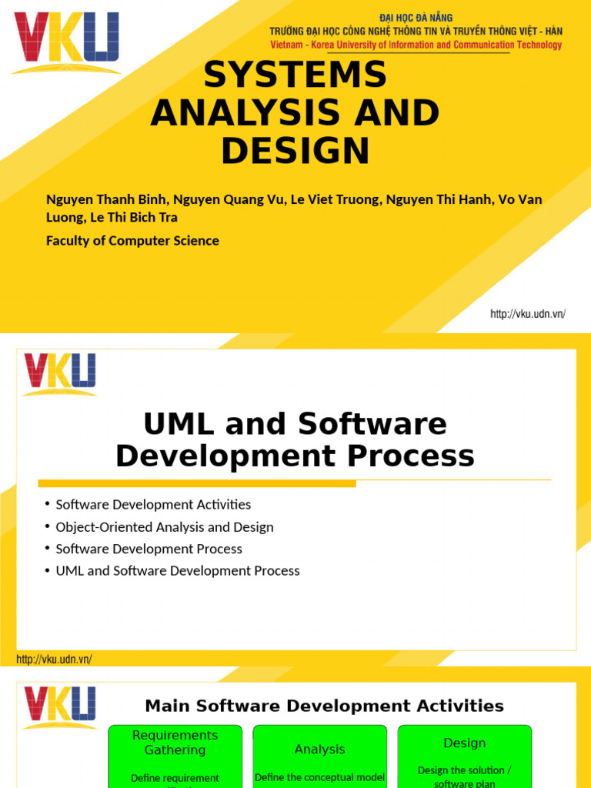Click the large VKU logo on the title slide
click(x=66, y=42)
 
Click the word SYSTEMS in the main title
click(x=295, y=75)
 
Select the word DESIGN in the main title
click(x=295, y=151)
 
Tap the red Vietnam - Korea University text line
click(x=416, y=45)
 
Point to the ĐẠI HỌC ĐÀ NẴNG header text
click(x=416, y=17)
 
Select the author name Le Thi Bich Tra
click(x=134, y=217)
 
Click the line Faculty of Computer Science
click(x=132, y=241)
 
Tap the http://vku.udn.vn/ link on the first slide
click(x=528, y=314)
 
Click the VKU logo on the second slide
click(x=59, y=373)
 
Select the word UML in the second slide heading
click(x=175, y=424)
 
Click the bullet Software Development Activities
click(x=153, y=505)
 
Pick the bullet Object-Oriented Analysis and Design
click(x=165, y=527)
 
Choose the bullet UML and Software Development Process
click(x=178, y=571)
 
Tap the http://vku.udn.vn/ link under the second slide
click(x=54, y=659)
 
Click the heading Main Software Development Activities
click(x=324, y=706)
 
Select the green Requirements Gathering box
click(x=175, y=756)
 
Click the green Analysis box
click(x=320, y=756)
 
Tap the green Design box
click(x=465, y=756)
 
